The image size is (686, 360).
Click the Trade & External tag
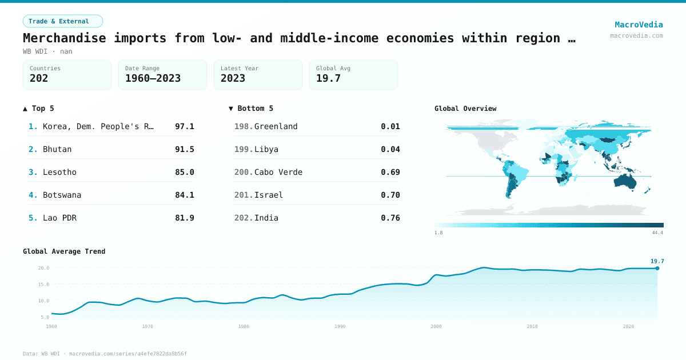(x=62, y=21)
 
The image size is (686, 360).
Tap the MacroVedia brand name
(x=639, y=25)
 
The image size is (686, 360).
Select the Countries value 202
(x=39, y=78)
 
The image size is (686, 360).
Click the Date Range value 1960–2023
(x=153, y=78)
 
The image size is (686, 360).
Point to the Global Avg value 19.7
(x=328, y=78)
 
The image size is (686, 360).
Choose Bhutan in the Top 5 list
(x=57, y=149)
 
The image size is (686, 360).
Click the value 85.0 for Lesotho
(x=185, y=172)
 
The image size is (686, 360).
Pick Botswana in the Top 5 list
(x=62, y=195)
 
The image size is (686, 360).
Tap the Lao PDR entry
(x=59, y=218)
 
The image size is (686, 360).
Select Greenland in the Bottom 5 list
(x=276, y=126)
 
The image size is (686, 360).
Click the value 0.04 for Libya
(x=390, y=149)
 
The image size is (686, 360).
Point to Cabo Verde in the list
(x=278, y=172)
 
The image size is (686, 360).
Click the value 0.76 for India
(x=390, y=218)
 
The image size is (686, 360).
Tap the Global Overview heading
(x=465, y=109)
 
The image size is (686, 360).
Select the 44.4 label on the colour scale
(x=657, y=233)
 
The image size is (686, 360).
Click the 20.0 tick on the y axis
(x=44, y=268)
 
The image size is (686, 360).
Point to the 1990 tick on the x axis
(x=340, y=326)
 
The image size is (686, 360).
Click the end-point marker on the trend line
(x=657, y=268)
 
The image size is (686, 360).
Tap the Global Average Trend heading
(x=64, y=251)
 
